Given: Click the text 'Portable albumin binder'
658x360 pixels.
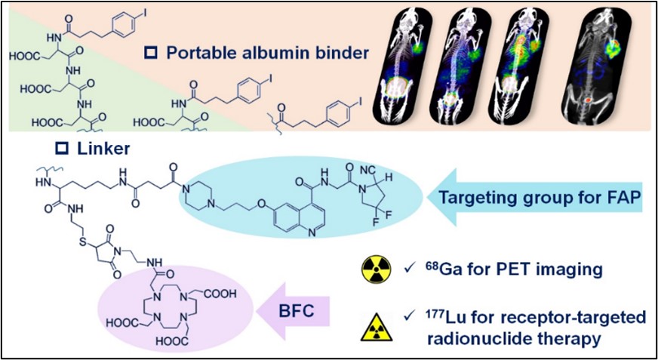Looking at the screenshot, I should pyautogui.click(x=257, y=53).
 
